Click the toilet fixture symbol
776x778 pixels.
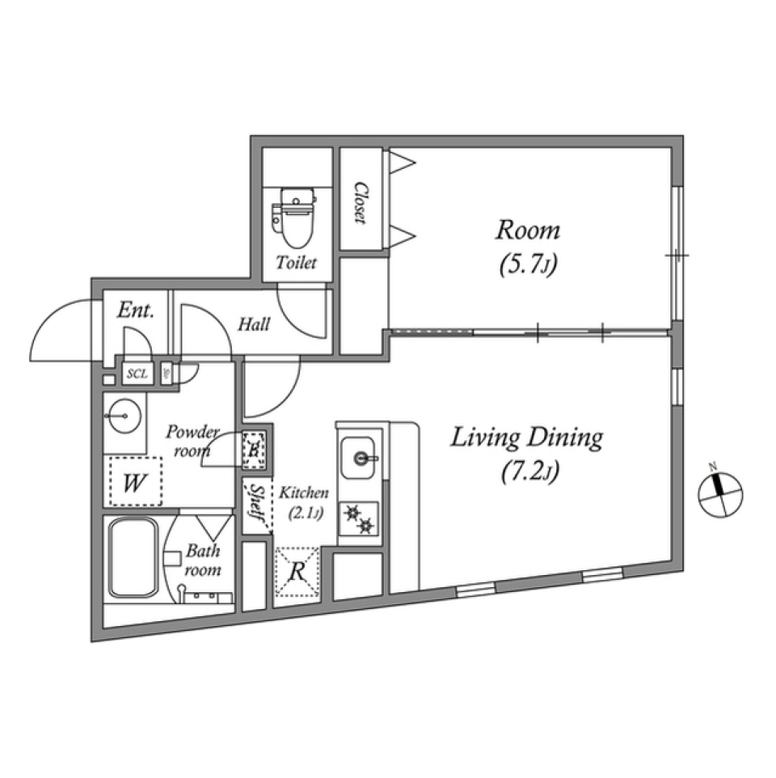[294, 216]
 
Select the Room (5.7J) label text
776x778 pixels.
[527, 246]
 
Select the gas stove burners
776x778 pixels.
[358, 518]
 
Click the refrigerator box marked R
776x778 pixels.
[297, 572]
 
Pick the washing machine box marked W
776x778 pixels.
[134, 483]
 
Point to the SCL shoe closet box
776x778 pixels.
[137, 374]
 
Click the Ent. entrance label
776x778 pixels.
[135, 311]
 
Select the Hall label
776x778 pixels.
[254, 325]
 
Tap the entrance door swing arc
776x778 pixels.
[61, 332]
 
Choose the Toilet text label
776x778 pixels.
[297, 263]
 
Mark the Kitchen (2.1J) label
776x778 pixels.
[303, 501]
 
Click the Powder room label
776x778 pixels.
[191, 441]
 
